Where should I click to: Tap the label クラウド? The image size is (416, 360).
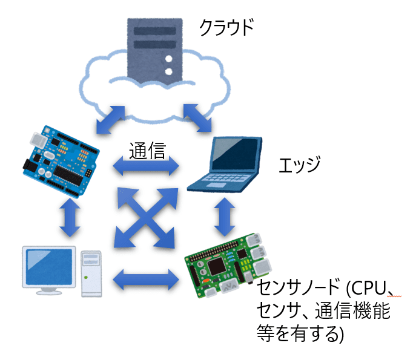click(x=225, y=28)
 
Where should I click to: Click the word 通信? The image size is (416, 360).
click(x=147, y=149)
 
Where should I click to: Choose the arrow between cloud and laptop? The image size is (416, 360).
click(x=197, y=117)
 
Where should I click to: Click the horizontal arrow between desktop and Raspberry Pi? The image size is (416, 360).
click(x=147, y=280)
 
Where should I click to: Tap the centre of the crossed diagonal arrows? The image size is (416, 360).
click(x=146, y=217)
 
